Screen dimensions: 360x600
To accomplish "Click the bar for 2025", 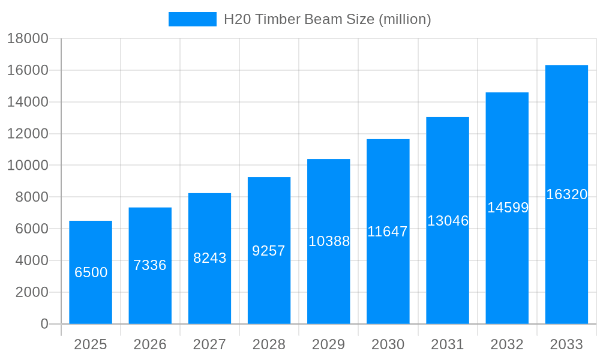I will pos(91,300).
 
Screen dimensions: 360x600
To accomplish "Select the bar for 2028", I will pos(269,288).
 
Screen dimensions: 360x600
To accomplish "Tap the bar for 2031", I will pos(448,270).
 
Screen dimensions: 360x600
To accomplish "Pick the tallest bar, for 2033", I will pos(566,252).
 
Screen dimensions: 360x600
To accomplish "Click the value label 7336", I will pos(150,265).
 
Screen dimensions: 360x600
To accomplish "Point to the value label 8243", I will pos(209,258).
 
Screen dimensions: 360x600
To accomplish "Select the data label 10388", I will pos(329,241).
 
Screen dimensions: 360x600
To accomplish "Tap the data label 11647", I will pos(388,232).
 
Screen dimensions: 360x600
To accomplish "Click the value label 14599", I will pos(508,208).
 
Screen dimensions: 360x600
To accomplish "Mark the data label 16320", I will pos(566,194).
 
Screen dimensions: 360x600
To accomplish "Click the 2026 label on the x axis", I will pos(150,344).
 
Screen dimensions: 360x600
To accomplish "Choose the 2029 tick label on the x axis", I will pos(329,344).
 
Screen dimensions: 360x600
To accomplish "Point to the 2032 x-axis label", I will pos(507,344).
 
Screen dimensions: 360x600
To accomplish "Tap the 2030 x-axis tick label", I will pos(388,344).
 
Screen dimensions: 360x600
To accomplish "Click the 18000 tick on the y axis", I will pos(28,39).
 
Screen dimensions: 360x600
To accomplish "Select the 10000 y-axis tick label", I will pos(28,166).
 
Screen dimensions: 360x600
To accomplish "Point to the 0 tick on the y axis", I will pos(44,324).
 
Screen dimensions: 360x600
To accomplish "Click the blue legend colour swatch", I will pos(192,19).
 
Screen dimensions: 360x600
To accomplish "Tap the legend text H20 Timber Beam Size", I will pos(327,19).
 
